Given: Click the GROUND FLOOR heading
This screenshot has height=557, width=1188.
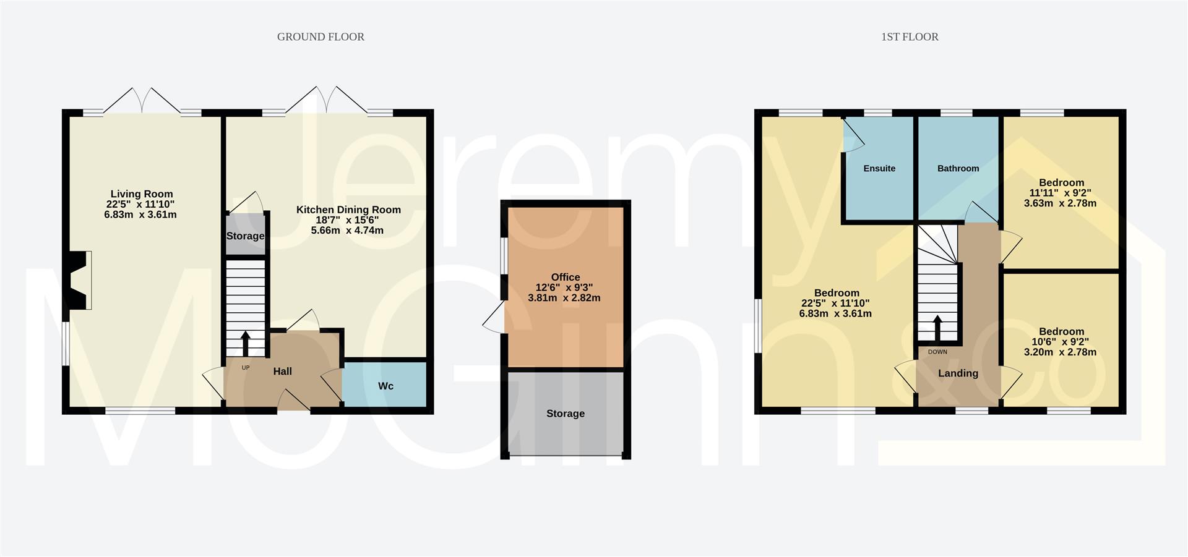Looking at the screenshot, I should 321,37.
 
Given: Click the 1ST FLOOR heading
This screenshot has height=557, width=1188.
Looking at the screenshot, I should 910,37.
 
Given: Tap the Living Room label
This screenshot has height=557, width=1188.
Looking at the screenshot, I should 142,194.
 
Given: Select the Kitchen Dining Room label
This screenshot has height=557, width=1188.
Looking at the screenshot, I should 348,210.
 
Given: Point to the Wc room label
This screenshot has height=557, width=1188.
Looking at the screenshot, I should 385,386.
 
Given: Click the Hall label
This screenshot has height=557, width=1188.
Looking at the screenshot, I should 283,372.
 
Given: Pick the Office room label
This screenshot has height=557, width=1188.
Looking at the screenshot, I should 566,277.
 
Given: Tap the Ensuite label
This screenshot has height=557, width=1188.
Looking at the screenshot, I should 879,168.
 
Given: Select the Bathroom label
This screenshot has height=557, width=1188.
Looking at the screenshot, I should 958,168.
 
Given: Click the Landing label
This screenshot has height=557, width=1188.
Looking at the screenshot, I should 958,373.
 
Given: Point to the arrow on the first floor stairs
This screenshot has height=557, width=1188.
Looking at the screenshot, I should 937,328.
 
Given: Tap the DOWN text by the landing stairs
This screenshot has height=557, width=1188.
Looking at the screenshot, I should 937,352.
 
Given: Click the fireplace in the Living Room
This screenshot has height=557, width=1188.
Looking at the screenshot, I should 80,280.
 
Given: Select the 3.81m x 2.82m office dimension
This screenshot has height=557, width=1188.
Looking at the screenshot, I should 564,298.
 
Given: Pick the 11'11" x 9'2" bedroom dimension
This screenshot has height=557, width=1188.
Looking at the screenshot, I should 1061,193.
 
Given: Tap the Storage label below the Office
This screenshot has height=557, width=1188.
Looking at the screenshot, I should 566,414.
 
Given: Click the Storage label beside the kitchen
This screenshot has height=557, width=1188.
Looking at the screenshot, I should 245,236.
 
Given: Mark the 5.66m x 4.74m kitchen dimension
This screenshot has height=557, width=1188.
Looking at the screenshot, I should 347,231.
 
